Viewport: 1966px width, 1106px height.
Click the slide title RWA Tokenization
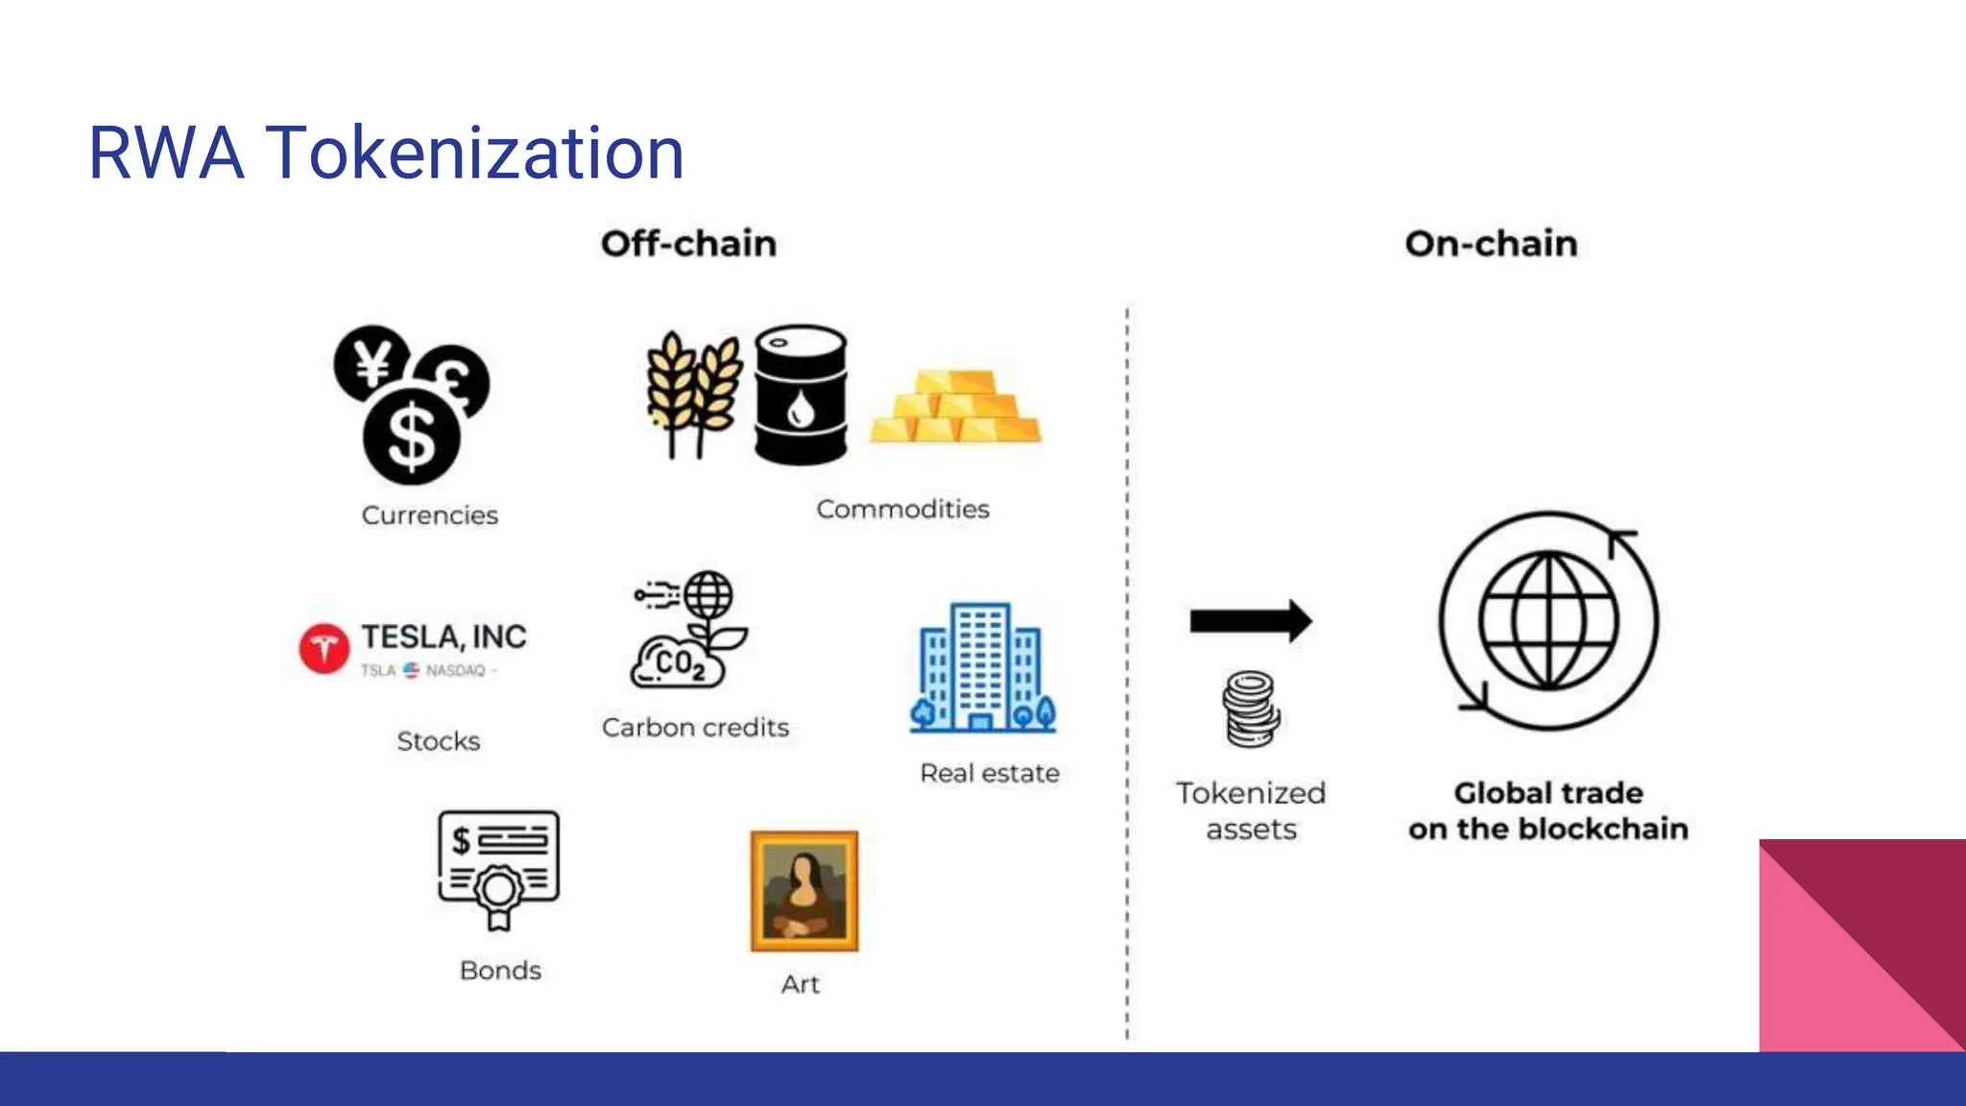[x=386, y=154]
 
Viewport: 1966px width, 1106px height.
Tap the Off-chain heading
[x=688, y=244]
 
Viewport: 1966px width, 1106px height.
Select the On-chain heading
[x=1491, y=244]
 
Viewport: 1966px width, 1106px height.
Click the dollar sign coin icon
[x=412, y=436]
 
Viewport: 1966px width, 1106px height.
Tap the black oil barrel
[x=801, y=395]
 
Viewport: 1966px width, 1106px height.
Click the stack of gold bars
[x=956, y=407]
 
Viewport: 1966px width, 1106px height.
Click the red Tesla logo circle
[x=324, y=648]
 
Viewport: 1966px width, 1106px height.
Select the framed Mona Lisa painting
[x=804, y=891]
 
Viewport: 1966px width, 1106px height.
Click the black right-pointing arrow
[x=1250, y=621]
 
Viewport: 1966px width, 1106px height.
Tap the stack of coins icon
[x=1250, y=709]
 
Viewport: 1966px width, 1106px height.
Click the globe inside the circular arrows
[x=1548, y=621]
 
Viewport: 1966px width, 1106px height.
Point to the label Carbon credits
[x=695, y=728]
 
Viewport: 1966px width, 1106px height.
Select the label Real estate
[x=990, y=773]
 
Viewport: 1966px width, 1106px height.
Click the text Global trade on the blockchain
[x=1548, y=810]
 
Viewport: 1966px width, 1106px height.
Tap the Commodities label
[x=902, y=509]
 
